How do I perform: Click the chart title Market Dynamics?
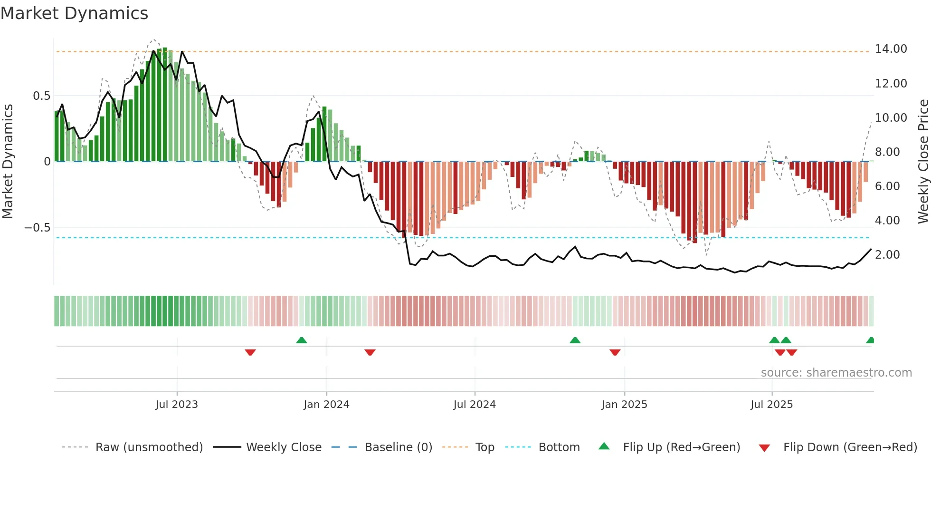[74, 13]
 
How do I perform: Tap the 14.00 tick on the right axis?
[891, 49]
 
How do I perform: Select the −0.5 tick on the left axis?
[37, 228]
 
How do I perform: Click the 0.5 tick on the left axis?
[41, 96]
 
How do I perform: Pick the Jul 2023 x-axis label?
[177, 405]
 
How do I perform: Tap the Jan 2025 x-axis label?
[624, 405]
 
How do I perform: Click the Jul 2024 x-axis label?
[475, 405]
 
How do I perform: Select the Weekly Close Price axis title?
[923, 162]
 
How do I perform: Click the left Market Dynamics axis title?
[8, 162]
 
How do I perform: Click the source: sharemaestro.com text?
[836, 373]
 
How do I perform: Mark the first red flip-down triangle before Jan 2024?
[250, 352]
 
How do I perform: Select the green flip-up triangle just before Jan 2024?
[302, 340]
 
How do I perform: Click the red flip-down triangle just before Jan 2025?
[615, 352]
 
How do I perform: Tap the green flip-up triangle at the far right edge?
[870, 340]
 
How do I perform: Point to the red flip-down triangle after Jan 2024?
[370, 352]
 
